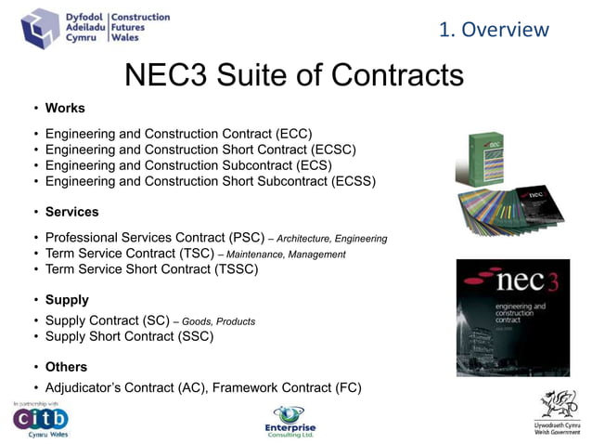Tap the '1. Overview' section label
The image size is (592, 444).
coord(494,29)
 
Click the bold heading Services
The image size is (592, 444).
coord(72,212)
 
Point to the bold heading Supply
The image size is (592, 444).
coord(67,300)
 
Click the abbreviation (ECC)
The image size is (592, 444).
coord(293,133)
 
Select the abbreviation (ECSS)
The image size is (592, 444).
coord(354,181)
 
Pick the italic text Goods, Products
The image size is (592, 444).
coord(218,321)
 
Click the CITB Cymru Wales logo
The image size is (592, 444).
coord(40,420)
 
